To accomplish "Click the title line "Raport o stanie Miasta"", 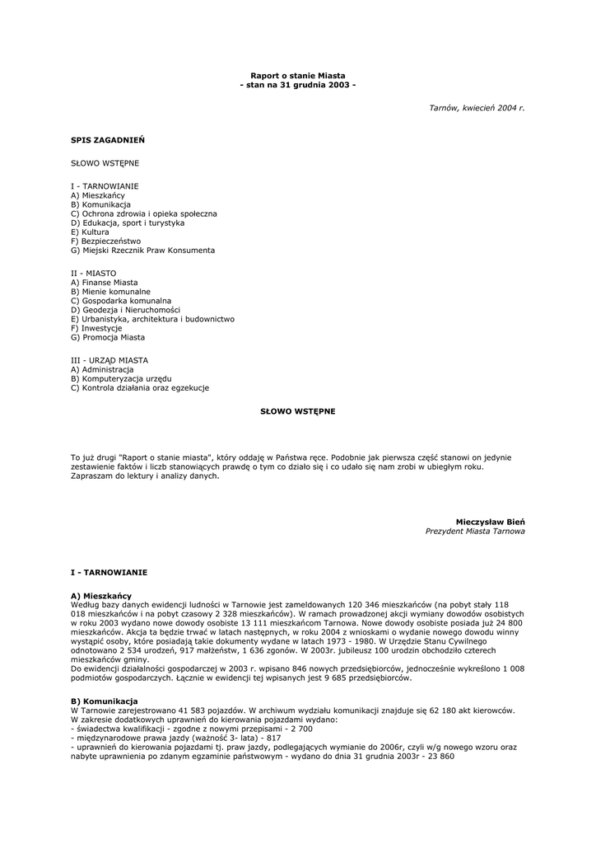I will click(x=298, y=75).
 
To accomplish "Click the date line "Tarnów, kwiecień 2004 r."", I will click(x=477, y=108).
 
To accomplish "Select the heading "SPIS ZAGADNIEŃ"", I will click(x=101, y=140).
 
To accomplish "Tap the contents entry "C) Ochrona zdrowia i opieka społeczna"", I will click(x=144, y=213).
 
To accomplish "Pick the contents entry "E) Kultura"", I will click(x=90, y=232).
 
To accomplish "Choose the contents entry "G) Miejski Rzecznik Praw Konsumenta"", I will click(x=142, y=250).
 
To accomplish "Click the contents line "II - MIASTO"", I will click(x=94, y=273).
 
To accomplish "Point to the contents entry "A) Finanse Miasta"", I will click(x=105, y=282).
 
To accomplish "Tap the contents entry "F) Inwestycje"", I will click(x=96, y=328).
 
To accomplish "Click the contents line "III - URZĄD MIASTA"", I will click(x=109, y=360).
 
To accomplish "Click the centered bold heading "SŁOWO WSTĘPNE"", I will click(x=298, y=410).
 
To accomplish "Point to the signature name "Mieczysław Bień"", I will click(x=490, y=522).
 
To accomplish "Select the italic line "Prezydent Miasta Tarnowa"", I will click(x=475, y=532).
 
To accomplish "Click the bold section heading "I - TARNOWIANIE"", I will click(x=109, y=571).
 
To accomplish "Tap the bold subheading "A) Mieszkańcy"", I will click(x=101, y=595).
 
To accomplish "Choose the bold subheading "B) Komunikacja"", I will click(x=105, y=701).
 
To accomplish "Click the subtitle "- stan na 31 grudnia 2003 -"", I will click(x=298, y=85).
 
